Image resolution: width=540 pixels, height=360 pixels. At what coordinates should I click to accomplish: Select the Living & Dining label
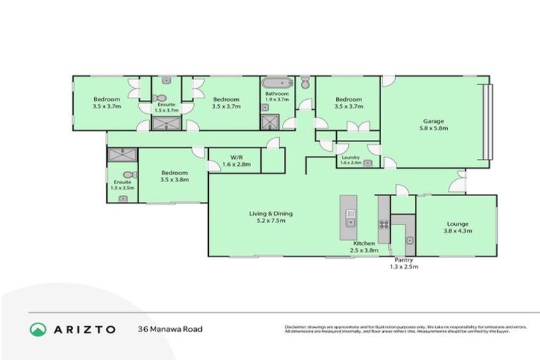pyautogui.click(x=270, y=213)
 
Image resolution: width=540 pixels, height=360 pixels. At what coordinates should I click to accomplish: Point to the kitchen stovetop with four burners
pyautogui.click(x=384, y=225)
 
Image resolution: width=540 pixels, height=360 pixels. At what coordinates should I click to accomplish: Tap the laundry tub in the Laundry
pyautogui.click(x=367, y=162)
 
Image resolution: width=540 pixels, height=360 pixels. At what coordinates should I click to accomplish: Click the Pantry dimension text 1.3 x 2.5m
pyautogui.click(x=404, y=266)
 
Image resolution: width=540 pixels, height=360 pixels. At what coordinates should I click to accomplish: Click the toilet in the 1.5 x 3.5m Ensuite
pyautogui.click(x=128, y=175)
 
